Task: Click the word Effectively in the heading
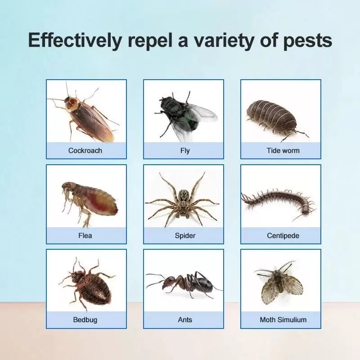coord(75,40)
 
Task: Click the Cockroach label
coord(85,151)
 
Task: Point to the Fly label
coord(185,151)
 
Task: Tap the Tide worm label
coord(283,151)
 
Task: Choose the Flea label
coord(85,235)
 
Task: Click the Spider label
coord(185,236)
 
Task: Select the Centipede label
coord(283,236)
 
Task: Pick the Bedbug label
coord(85,320)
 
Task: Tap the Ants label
coord(185,320)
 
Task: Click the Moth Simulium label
coord(283,320)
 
